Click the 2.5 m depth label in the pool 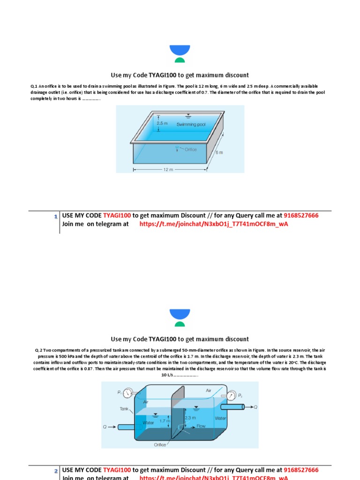pyautogui.click(x=162, y=123)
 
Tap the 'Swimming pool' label pyautogui.click(x=191, y=125)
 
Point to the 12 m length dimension pyautogui.click(x=168, y=169)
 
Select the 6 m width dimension pyautogui.click(x=219, y=153)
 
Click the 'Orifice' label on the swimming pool pyautogui.click(x=190, y=150)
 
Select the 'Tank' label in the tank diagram pyautogui.click(x=124, y=409)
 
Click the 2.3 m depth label pyautogui.click(x=190, y=417)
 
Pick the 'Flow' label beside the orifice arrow pyautogui.click(x=201, y=426)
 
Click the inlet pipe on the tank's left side pyautogui.click(x=126, y=427)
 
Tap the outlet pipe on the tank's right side pyautogui.click(x=235, y=407)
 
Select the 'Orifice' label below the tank pyautogui.click(x=160, y=445)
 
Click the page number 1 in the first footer pyautogui.click(x=55, y=216)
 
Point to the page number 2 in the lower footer pyautogui.click(x=55, y=471)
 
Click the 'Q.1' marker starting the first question pyautogui.click(x=34, y=86)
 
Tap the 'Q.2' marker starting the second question pyautogui.click(x=39, y=350)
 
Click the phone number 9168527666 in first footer pyautogui.click(x=301, y=216)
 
